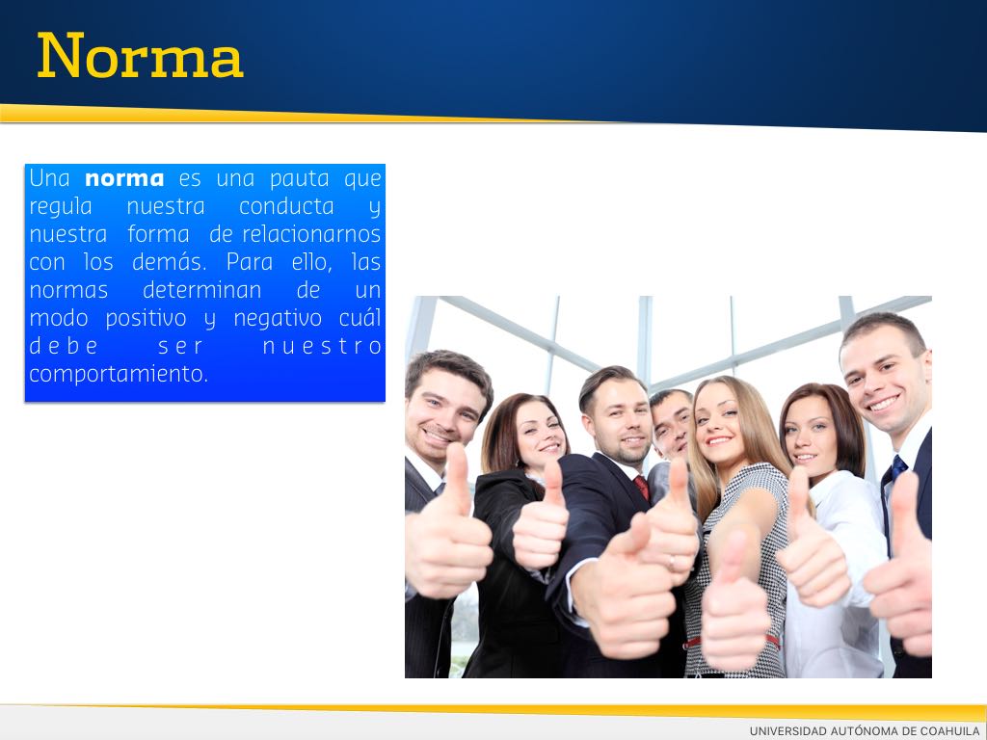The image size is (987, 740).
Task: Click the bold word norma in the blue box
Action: coord(124,178)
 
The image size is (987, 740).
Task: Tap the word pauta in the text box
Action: coord(299,179)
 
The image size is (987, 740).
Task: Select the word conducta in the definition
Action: coord(286,206)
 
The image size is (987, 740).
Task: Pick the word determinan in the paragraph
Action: coord(202,290)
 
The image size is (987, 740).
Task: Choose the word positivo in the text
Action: coord(147,318)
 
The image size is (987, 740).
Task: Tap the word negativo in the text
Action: coord(278,318)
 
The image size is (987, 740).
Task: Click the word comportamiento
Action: coord(119,375)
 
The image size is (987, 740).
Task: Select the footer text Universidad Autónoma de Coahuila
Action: coord(865,730)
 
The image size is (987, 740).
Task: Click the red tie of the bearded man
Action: coord(641,488)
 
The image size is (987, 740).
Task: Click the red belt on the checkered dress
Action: coord(691,643)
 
